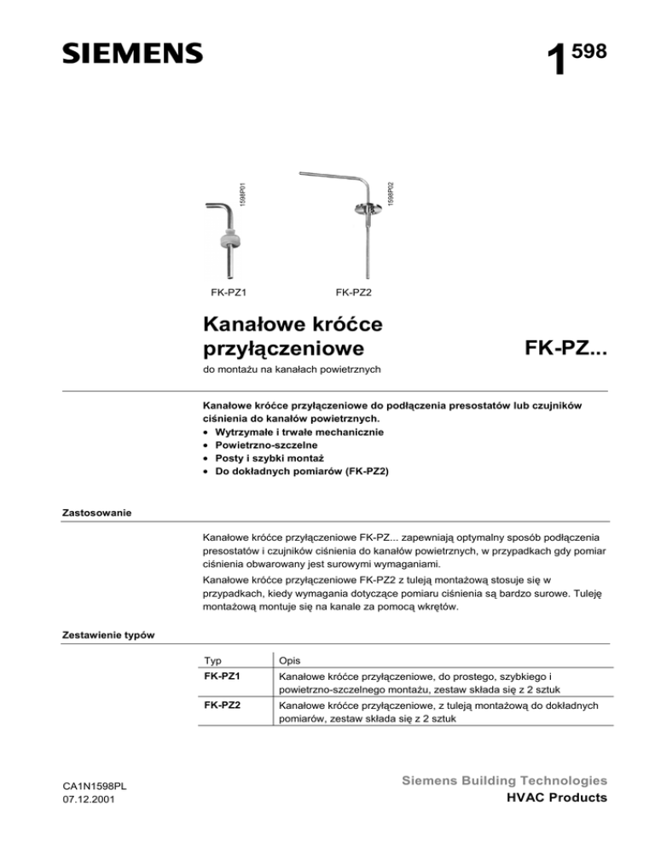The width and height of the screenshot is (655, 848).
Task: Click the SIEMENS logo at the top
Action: point(132,52)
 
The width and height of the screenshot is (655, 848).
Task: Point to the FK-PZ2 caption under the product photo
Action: point(354,293)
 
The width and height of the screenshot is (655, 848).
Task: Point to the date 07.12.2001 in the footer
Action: point(90,799)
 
